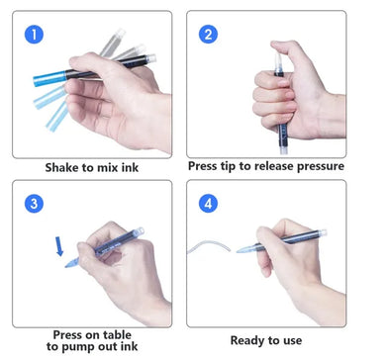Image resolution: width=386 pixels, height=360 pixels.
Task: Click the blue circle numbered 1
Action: point(34,34)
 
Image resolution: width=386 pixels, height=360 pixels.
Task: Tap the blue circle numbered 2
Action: point(208,34)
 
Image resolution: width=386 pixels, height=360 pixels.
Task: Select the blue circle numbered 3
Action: point(34,204)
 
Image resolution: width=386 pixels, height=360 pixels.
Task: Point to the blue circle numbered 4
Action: point(208,204)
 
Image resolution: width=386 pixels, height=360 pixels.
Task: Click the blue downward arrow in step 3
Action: point(59,246)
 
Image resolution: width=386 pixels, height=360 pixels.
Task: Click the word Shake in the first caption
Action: point(62,167)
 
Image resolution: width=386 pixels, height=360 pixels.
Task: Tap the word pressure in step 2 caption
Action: point(320,166)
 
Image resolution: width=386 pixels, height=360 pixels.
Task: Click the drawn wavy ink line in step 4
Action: point(209,246)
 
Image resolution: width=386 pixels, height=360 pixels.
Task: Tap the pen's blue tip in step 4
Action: point(244,249)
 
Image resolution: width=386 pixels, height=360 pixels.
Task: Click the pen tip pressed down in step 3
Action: point(71,263)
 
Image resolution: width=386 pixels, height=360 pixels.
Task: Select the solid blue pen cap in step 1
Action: point(49,78)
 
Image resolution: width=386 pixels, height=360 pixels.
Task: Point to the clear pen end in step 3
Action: point(140,230)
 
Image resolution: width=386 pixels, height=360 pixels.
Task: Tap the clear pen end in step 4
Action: point(322,232)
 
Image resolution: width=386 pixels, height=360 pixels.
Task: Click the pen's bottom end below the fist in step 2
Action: point(283,150)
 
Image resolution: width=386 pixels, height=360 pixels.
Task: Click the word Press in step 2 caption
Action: point(202,166)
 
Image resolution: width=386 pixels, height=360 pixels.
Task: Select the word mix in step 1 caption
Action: point(108,167)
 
